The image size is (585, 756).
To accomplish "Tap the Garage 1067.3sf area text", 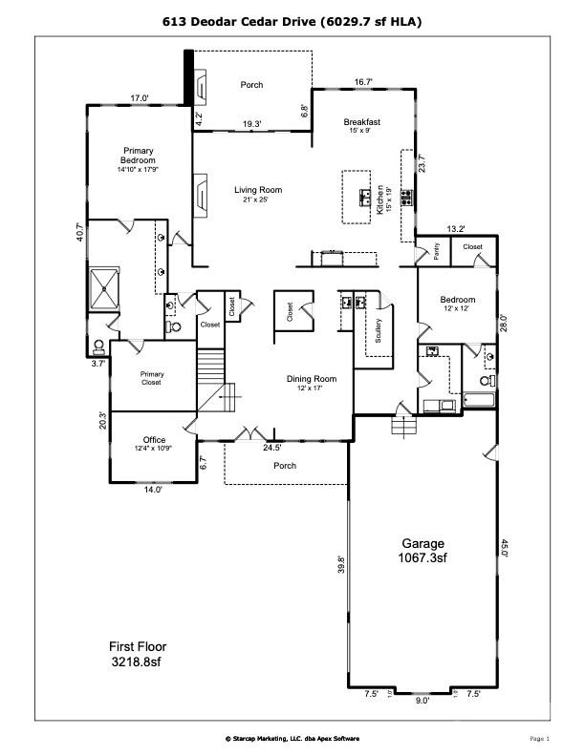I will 422,550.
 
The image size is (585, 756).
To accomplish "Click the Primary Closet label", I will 152,378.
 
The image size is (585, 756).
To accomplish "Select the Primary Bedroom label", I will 138,159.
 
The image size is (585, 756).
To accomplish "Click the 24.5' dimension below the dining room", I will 272,447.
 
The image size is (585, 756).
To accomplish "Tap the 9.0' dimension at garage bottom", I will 422,700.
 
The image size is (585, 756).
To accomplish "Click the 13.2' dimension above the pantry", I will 456,228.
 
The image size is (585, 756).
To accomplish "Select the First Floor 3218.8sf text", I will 138,653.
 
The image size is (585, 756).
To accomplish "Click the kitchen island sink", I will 365,198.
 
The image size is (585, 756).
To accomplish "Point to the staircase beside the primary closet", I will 211,377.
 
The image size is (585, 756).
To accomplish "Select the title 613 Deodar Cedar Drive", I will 292,20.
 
